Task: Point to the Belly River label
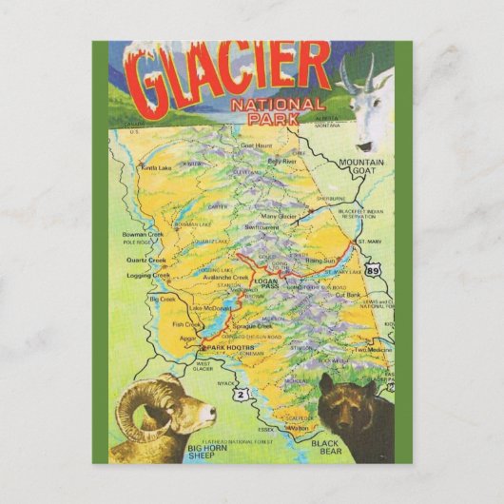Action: (282, 162)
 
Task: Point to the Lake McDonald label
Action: (209, 308)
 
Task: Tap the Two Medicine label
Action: (372, 350)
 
